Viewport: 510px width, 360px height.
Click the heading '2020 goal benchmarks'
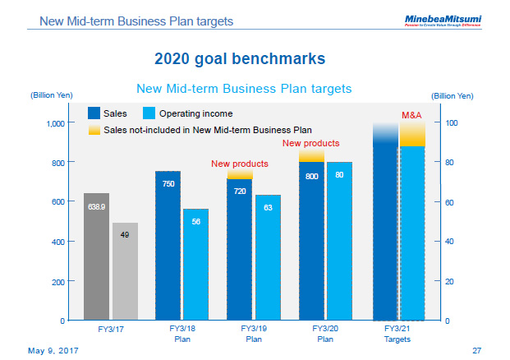coord(239,58)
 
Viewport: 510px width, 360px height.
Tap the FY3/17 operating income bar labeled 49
coord(125,271)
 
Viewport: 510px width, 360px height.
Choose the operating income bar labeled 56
coord(196,264)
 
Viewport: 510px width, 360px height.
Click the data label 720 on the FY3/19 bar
coord(240,191)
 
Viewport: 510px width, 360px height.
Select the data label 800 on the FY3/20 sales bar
coord(312,176)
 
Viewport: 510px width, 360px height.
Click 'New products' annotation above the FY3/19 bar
coord(240,164)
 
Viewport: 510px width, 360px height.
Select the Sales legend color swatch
coord(94,113)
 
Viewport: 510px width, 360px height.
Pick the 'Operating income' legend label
coord(195,113)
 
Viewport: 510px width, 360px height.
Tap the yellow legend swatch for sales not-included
coord(94,129)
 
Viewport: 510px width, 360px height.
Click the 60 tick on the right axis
coord(451,202)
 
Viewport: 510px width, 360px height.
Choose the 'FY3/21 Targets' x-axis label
coord(397,333)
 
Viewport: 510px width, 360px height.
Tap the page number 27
coord(476,350)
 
